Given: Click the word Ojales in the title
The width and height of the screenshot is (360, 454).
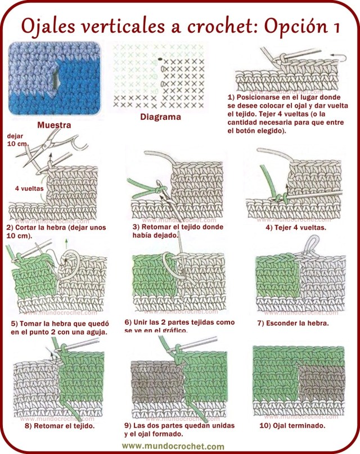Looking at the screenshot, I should [x=49, y=25].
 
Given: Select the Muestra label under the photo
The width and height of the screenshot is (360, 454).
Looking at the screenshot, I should [x=53, y=125].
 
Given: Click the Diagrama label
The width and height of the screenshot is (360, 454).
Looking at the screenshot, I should [x=160, y=118].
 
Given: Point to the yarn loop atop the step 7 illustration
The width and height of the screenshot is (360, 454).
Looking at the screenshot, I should [x=309, y=243].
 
